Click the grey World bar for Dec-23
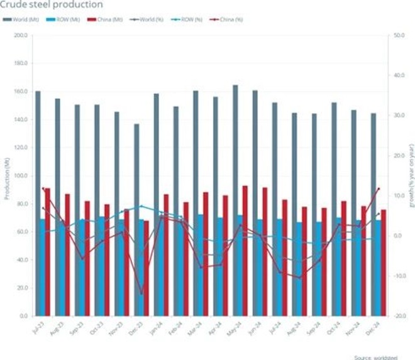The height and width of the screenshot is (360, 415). click(x=136, y=219)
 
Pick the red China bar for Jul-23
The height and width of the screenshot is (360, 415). click(x=47, y=251)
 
